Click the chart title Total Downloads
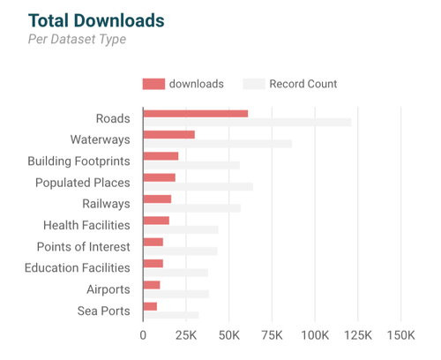coord(96,19)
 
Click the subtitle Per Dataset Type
coord(77,40)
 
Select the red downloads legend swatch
coord(153,84)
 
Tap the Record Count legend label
coord(303,84)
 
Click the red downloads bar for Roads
coord(195,114)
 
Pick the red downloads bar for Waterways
coord(168,135)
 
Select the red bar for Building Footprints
coord(161,156)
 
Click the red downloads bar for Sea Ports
coord(150,306)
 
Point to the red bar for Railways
coord(157,199)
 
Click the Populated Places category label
coord(82,183)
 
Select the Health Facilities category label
coord(86,226)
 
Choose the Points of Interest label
coord(83,247)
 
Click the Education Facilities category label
coord(77,268)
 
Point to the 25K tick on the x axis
coord(185,336)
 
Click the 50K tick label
coord(228,336)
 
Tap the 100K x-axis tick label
coord(315,336)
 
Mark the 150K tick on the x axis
coord(400,336)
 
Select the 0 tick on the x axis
coord(143,336)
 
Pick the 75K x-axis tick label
coord(272,336)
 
